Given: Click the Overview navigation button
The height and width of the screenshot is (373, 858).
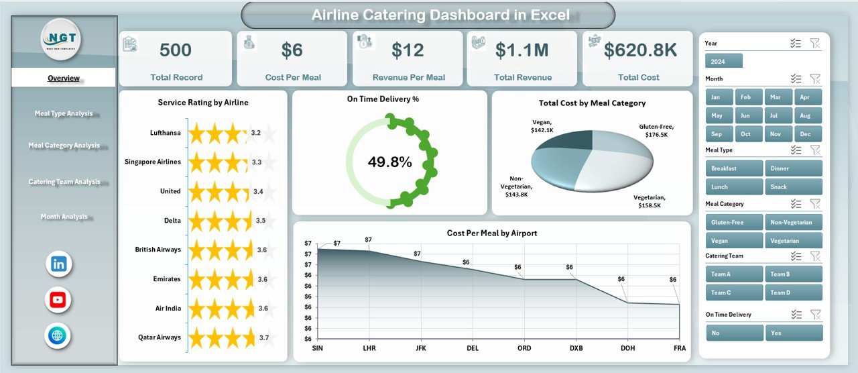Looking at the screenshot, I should [64, 78].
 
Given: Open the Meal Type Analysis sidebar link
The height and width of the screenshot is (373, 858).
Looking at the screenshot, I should [64, 113].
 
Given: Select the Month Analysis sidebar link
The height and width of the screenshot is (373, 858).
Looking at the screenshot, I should [64, 217].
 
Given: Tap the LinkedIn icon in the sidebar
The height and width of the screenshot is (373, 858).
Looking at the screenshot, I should [58, 264].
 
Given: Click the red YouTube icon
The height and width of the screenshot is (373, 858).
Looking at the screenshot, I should [58, 300].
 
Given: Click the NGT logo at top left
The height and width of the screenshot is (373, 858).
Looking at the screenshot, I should [61, 40].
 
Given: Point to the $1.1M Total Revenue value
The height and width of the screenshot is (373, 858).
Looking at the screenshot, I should [522, 50].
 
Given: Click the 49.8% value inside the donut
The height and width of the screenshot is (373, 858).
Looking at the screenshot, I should [389, 162].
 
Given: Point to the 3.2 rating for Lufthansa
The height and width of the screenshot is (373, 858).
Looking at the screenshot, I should [255, 133].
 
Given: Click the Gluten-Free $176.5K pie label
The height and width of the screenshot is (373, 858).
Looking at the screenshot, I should [656, 130].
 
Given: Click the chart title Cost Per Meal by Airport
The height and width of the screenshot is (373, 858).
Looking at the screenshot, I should [491, 233].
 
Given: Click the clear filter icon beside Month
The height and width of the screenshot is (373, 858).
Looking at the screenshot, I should [814, 78].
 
